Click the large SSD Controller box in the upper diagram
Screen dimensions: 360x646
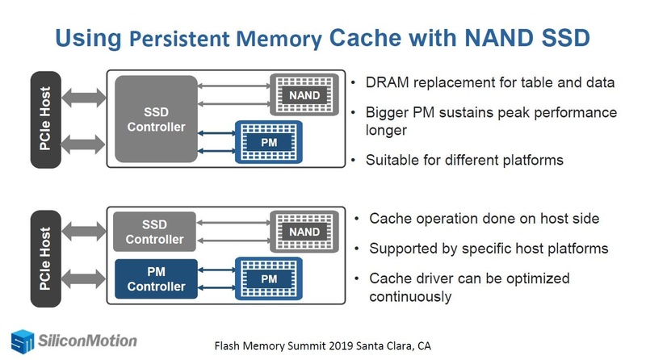pos(157,118)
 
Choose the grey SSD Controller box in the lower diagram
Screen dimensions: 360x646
pos(154,232)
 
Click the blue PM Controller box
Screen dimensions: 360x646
pos(154,278)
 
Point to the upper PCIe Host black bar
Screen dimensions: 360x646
pos(46,119)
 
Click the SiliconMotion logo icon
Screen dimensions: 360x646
pos(23,341)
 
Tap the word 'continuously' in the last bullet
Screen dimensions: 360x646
pos(410,296)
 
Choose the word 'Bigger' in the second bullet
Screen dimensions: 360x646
pos(389,112)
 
